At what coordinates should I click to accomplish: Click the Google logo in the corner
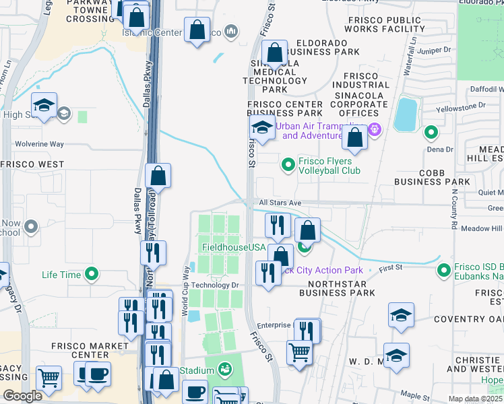coord(22,396)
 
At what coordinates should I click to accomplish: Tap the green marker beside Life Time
coord(92,274)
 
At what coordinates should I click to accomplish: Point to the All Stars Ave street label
coord(280,203)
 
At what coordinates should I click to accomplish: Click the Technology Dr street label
coord(216,285)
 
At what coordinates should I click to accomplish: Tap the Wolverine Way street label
coord(40,144)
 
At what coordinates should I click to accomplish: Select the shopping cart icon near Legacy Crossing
coord(49,377)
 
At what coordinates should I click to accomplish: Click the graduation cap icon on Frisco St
coord(261,127)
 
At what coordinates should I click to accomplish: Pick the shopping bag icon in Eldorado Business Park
coord(275,52)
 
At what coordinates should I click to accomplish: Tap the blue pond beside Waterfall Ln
coord(406,114)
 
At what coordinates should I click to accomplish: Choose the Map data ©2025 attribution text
coord(476,399)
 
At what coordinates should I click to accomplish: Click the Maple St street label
coord(415,396)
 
